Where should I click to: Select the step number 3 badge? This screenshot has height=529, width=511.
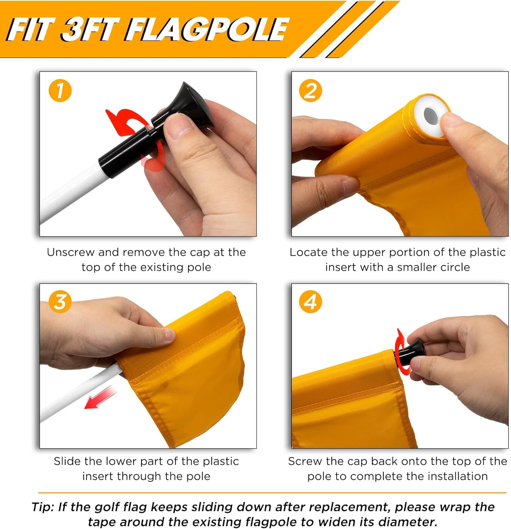pos(60,302)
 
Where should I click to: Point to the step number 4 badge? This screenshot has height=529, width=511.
pos(310,302)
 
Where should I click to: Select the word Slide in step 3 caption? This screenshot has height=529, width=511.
pos(67,461)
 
